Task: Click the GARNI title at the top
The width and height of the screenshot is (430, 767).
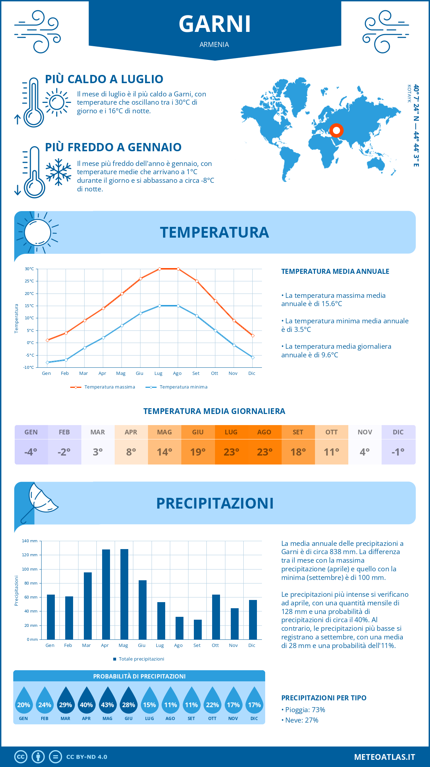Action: tap(215, 24)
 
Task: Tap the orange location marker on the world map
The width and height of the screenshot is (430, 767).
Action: tap(336, 130)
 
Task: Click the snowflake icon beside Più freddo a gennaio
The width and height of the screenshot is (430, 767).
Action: tap(58, 172)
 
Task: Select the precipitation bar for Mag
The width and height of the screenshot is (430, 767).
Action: tap(124, 594)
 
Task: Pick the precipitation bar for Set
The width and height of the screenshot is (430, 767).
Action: tap(197, 629)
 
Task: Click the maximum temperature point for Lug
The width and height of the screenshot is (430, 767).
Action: tap(159, 269)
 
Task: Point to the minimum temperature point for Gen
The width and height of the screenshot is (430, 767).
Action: tap(47, 362)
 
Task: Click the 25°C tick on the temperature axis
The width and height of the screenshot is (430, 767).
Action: tap(29, 281)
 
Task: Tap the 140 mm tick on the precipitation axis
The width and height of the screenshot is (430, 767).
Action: tap(30, 541)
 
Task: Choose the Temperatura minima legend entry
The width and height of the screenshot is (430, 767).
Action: tap(176, 387)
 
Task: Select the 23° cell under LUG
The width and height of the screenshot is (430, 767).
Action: tap(231, 452)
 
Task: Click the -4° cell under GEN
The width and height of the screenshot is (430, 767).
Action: tap(31, 452)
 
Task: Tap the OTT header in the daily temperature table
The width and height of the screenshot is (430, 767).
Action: tap(331, 432)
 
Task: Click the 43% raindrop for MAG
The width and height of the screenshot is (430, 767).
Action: tap(107, 703)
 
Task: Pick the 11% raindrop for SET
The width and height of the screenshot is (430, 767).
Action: tap(191, 703)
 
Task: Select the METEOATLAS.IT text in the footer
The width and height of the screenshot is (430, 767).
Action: tap(384, 757)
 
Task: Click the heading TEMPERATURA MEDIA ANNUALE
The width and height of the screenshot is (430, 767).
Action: tap(335, 271)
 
